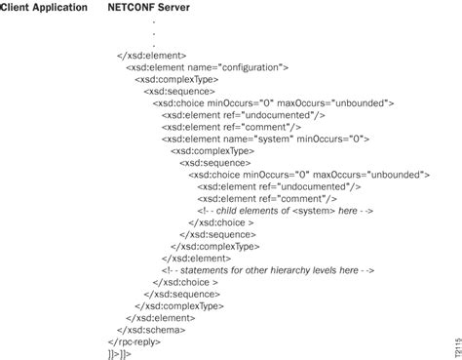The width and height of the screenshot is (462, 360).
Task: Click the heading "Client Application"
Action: (x=44, y=8)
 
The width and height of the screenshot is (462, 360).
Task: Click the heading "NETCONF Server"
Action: (x=149, y=7)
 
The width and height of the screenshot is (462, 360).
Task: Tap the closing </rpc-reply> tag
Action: (x=135, y=341)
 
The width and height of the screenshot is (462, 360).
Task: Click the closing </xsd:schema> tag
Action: (x=151, y=330)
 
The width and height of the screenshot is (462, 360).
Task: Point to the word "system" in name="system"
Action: (x=273, y=140)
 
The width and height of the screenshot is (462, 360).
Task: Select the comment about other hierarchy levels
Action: (x=268, y=270)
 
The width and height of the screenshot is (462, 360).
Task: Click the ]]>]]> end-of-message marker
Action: (x=120, y=354)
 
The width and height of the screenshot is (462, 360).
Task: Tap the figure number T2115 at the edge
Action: (x=458, y=347)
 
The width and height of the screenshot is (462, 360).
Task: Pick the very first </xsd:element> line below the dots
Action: (x=152, y=56)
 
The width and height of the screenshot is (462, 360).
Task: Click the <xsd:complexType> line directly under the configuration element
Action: (x=176, y=80)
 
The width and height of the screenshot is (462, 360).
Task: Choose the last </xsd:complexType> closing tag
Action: (x=179, y=306)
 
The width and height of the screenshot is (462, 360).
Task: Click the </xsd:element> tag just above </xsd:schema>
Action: (x=161, y=318)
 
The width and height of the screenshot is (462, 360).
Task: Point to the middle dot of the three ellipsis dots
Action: (x=154, y=33)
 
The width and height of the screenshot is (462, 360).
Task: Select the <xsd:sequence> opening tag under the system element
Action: (x=215, y=163)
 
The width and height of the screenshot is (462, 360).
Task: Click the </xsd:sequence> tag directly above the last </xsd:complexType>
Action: (x=182, y=295)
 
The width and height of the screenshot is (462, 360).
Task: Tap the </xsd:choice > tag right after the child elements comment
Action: (x=221, y=222)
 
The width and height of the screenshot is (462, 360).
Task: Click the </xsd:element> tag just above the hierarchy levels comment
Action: (x=196, y=259)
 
